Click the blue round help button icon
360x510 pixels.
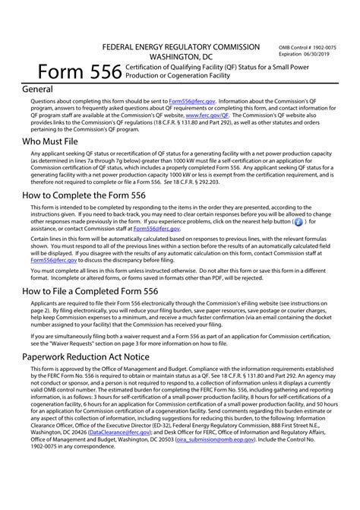[x=298, y=223]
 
